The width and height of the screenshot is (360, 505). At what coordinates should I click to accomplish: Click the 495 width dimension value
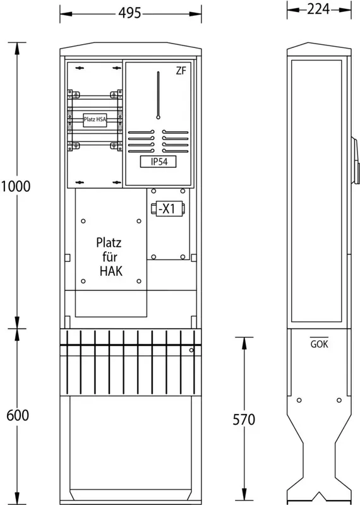tap(130, 13)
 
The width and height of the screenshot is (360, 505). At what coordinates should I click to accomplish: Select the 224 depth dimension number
tap(318, 9)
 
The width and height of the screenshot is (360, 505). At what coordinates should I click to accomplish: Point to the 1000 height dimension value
tap(16, 186)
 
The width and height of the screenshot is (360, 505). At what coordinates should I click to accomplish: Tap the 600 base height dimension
tap(18, 415)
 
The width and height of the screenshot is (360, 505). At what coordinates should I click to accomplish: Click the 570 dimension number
tap(244, 419)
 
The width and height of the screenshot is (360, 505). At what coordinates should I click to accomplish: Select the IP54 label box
tap(159, 162)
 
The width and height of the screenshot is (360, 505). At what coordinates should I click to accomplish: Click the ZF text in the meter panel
tap(181, 71)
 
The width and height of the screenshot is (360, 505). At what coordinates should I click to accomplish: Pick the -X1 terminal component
tap(167, 209)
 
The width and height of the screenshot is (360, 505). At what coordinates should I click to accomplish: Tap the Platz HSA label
tap(95, 119)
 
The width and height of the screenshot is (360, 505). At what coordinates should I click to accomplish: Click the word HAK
tap(111, 271)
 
